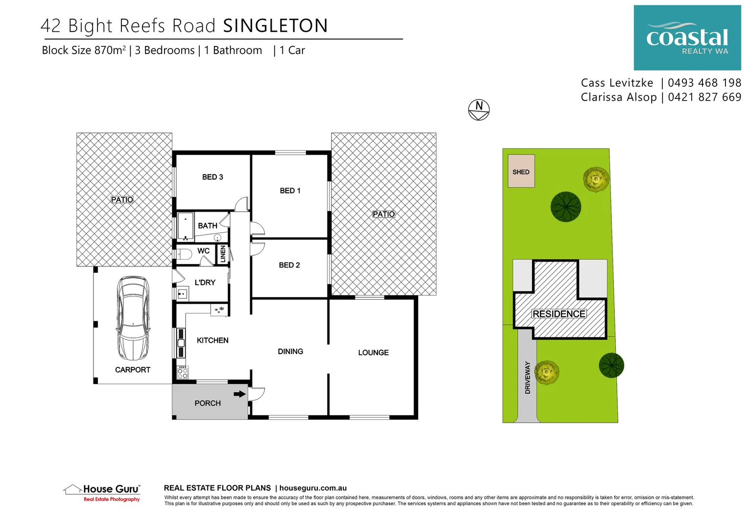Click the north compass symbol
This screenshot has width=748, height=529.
point(479,110)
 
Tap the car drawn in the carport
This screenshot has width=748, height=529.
point(133,318)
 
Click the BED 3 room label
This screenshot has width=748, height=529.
point(212,177)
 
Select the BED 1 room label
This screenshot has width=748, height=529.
point(290,191)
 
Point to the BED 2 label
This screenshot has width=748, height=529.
point(289,265)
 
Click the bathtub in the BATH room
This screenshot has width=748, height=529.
point(186,226)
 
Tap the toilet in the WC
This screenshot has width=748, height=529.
point(184,254)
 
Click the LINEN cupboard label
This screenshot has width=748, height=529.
point(223,254)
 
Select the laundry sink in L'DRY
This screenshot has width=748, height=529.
point(183,293)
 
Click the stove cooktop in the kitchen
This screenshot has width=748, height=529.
point(183,372)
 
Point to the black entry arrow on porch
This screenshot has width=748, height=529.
point(239,394)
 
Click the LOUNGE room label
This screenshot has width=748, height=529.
point(373,353)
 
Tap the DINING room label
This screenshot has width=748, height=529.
point(290,351)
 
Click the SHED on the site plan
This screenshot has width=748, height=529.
point(521,171)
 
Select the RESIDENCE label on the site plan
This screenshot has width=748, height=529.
point(559,314)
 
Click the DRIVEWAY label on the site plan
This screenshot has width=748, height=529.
point(528,377)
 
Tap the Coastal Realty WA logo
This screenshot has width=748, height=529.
point(687,38)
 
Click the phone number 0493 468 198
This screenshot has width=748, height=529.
point(704,83)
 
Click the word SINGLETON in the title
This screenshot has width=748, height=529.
point(275,26)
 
